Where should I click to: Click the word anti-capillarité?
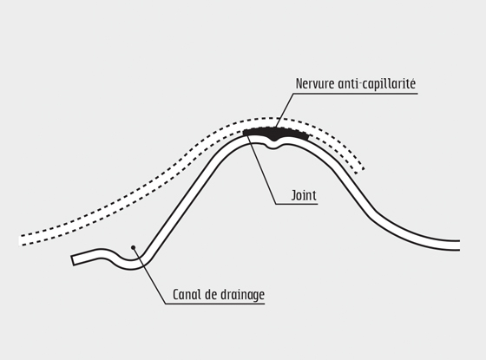[x=377, y=83]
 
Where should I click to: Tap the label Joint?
[x=304, y=195]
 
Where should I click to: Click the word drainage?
[x=242, y=295]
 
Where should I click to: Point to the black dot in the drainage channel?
[x=134, y=247]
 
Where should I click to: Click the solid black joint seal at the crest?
[x=276, y=134]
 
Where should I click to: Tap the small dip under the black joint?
[x=273, y=145]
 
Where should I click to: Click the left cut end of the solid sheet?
[x=73, y=260]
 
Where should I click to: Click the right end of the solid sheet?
[x=459, y=245]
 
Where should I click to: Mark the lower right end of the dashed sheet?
[x=360, y=171]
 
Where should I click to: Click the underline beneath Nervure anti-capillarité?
[x=355, y=94]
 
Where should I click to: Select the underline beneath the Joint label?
[x=297, y=204]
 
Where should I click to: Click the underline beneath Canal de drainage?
[x=215, y=304]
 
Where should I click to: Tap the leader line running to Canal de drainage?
[x=149, y=276]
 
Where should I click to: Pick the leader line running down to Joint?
[x=262, y=169]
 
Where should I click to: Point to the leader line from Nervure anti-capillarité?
[x=285, y=110]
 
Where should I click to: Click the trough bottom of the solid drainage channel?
[x=130, y=265]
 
